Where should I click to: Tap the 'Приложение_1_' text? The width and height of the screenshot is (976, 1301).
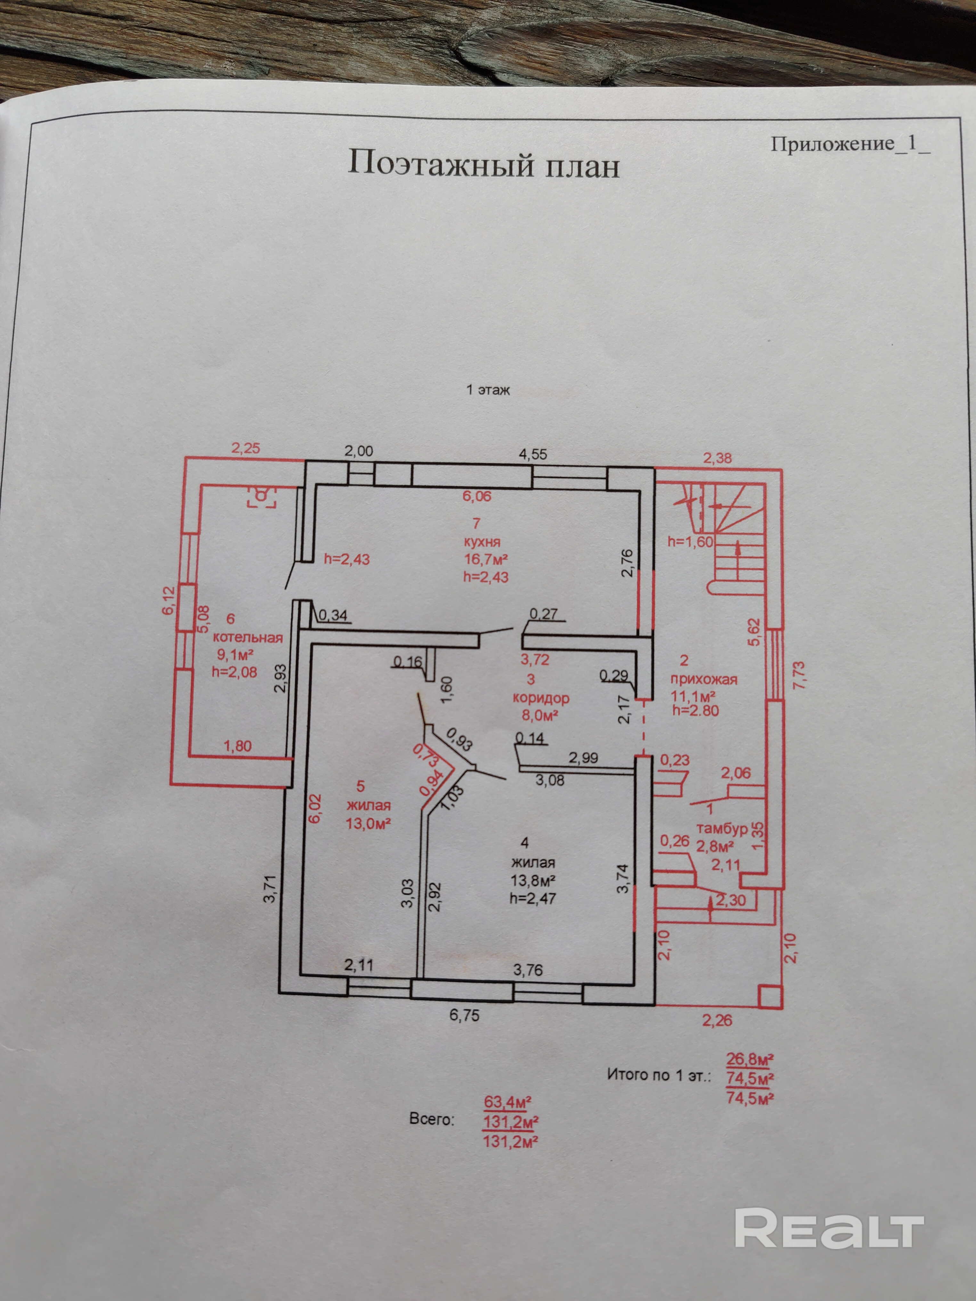pyautogui.click(x=850, y=144)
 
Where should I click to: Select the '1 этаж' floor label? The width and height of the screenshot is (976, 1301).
pyautogui.click(x=488, y=390)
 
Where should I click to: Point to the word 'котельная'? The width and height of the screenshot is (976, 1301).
pyautogui.click(x=248, y=638)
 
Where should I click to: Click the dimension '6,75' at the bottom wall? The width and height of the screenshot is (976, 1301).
pyautogui.click(x=464, y=1015)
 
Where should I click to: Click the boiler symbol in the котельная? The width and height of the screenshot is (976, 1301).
pyautogui.click(x=263, y=497)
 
